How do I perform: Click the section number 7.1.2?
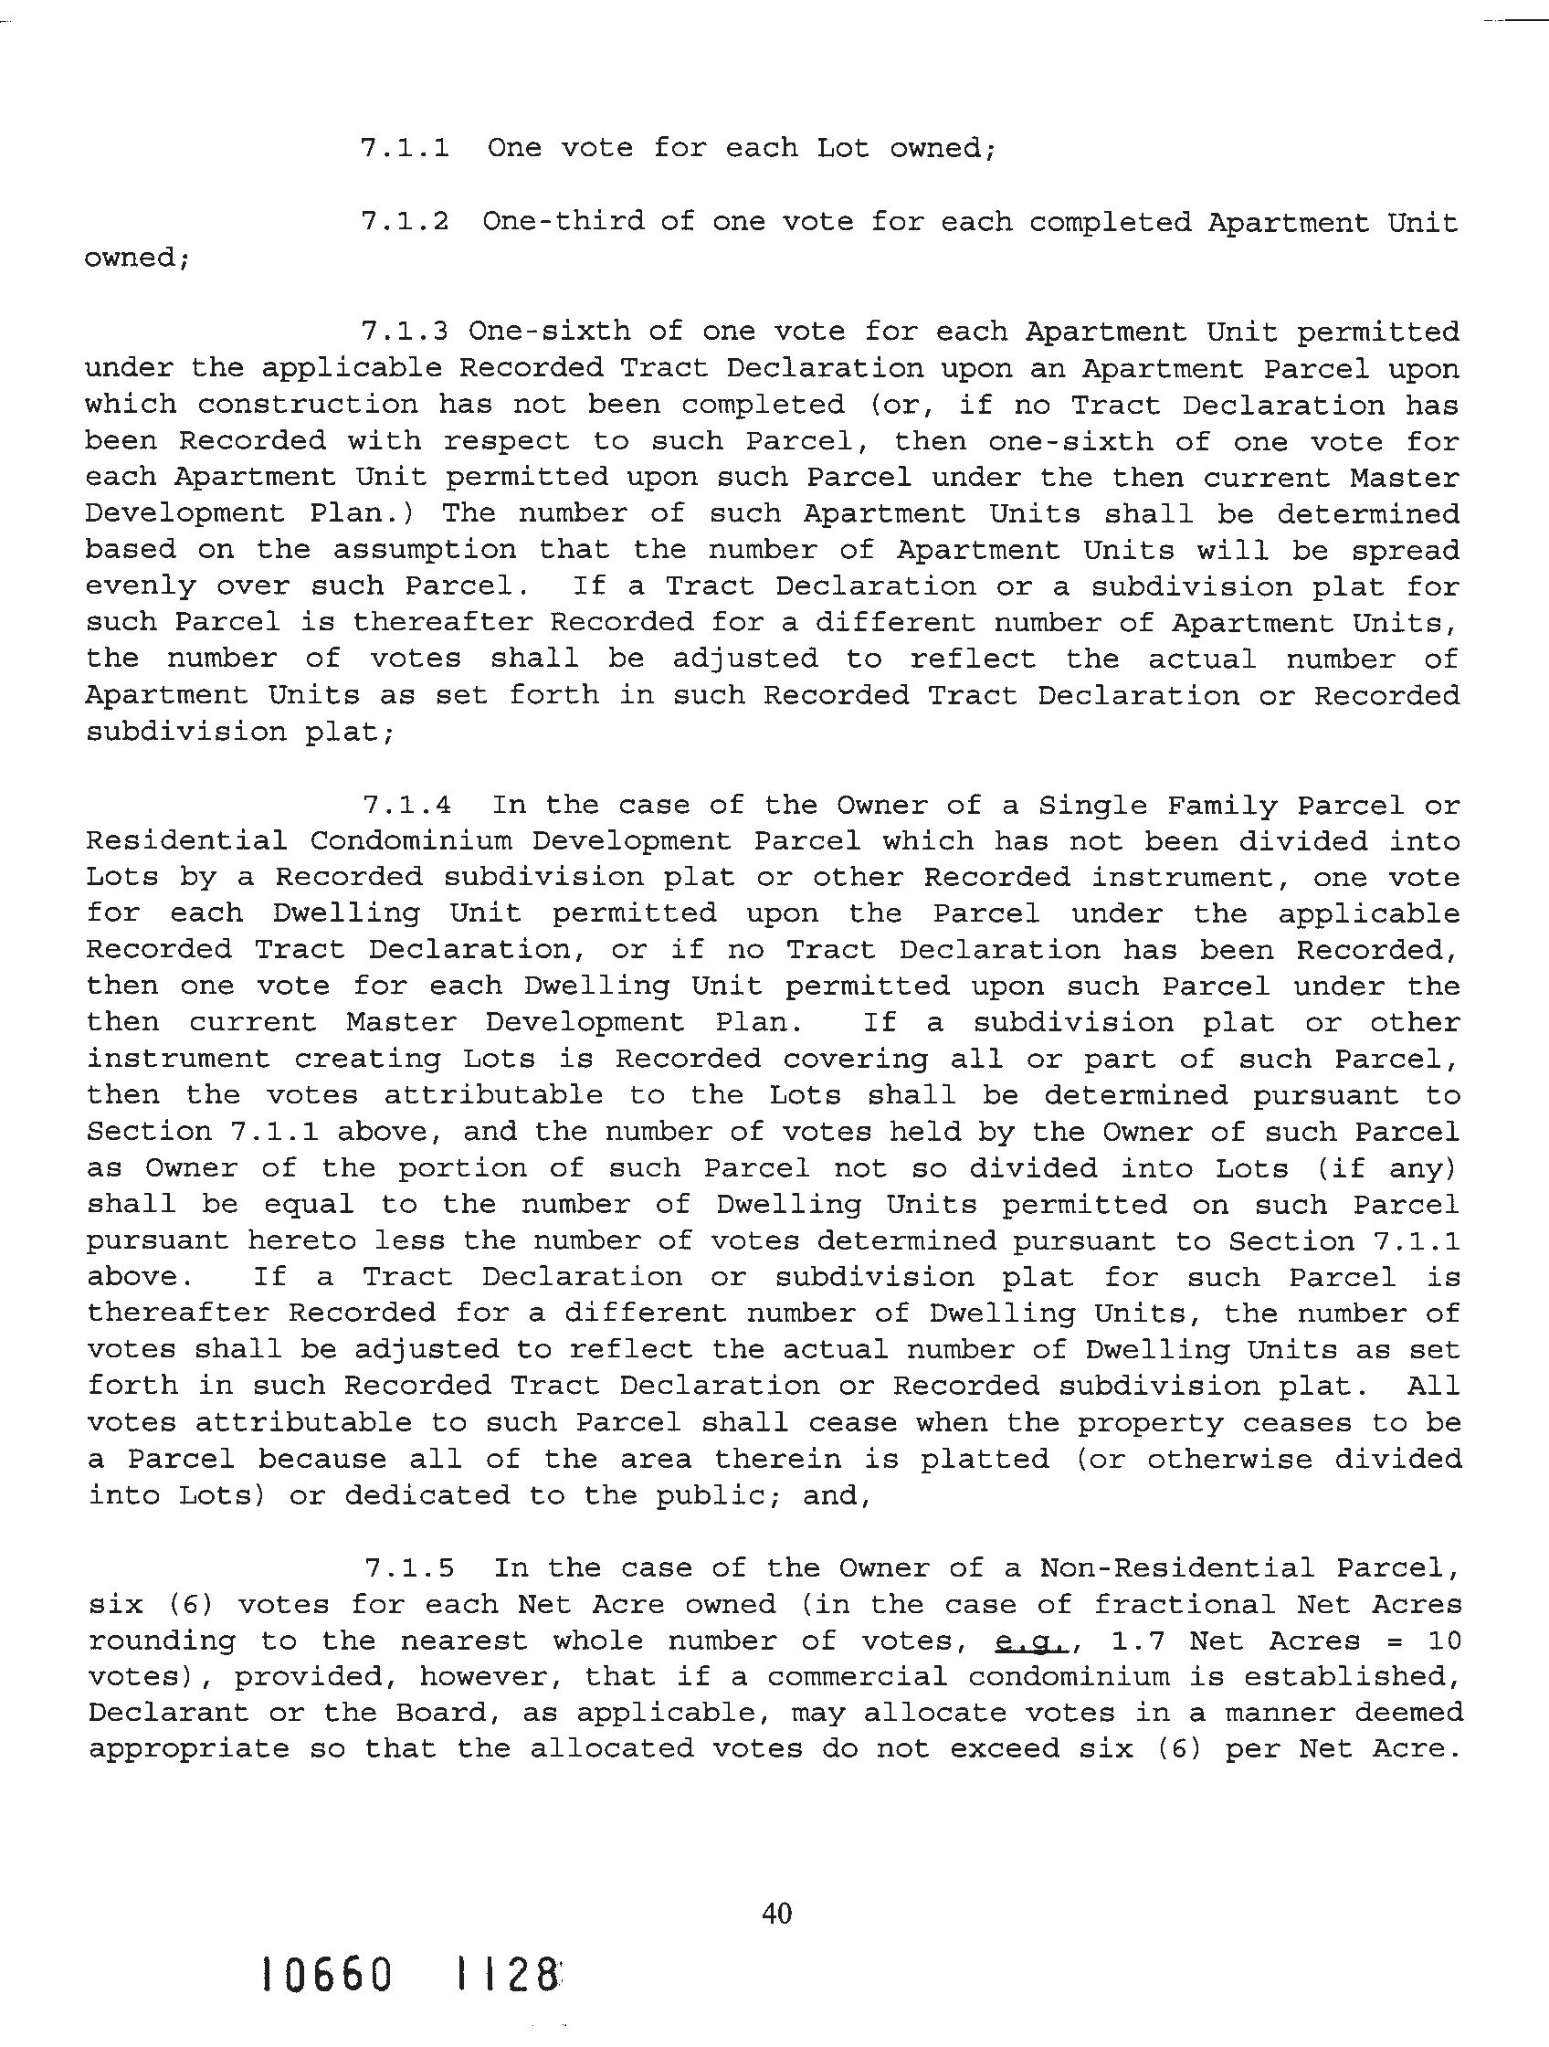(x=405, y=222)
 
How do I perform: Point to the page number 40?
(x=776, y=1913)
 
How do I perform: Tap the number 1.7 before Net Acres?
(x=1137, y=1641)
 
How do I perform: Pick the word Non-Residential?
(x=1176, y=1567)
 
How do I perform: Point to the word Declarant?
(x=168, y=1713)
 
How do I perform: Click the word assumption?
(x=425, y=550)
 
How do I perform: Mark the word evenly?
(x=141, y=586)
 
